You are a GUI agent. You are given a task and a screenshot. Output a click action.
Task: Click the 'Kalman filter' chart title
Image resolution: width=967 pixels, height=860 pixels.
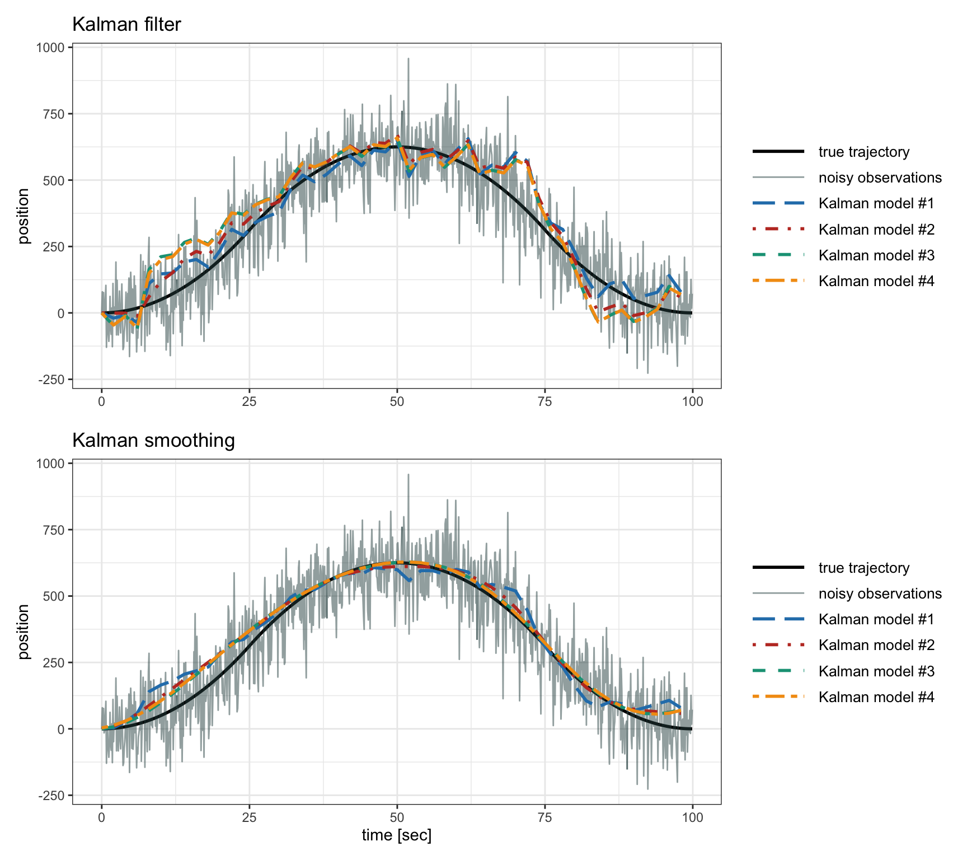tap(126, 25)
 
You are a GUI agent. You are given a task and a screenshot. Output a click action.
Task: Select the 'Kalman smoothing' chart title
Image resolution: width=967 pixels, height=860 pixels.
tap(153, 441)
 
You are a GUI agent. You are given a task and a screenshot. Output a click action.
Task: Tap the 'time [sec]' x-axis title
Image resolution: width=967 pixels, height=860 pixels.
tap(396, 835)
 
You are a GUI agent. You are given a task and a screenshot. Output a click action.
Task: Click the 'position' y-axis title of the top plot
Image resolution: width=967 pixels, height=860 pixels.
tap(24, 216)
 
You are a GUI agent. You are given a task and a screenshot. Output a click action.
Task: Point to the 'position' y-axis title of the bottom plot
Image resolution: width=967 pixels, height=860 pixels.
tap(24, 632)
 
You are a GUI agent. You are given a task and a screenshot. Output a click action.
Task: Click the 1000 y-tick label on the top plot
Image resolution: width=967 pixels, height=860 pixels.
tap(50, 48)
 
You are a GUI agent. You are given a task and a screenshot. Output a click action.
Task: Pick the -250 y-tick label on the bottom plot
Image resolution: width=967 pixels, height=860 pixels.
tap(51, 795)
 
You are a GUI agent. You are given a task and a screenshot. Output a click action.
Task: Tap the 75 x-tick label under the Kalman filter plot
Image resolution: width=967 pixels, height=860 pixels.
tap(544, 401)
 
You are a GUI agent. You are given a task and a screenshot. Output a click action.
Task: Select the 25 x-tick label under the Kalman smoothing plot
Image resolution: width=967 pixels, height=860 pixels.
tap(249, 817)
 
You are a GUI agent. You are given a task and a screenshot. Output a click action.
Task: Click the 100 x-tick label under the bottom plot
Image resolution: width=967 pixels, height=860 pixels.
tap(692, 817)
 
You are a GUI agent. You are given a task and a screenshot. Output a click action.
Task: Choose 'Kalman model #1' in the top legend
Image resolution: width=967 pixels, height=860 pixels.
tap(876, 203)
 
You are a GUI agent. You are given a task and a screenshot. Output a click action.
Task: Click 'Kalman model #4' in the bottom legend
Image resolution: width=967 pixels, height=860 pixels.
tap(876, 697)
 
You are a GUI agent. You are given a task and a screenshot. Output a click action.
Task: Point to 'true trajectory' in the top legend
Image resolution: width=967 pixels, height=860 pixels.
tap(863, 152)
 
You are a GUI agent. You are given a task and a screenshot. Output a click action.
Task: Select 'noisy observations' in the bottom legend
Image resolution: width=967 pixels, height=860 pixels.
tap(880, 593)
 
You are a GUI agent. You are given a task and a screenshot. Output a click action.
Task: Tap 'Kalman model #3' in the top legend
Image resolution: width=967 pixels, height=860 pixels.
tap(876, 255)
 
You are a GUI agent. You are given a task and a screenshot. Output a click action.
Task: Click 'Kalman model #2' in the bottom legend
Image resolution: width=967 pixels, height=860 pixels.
tap(876, 645)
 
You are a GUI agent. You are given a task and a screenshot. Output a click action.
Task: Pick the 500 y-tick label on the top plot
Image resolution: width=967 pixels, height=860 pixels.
tap(54, 180)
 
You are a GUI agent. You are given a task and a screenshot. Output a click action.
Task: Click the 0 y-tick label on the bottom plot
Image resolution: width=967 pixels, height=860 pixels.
tap(61, 729)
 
